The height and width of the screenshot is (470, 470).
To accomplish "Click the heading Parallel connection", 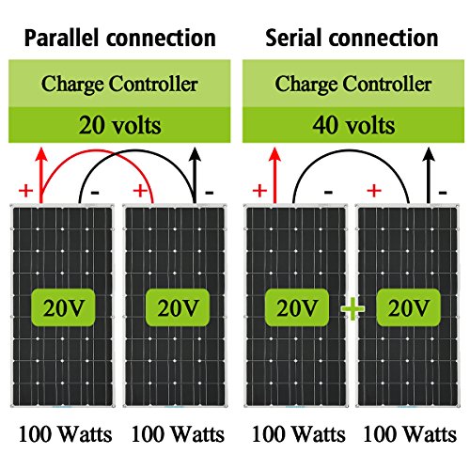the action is pos(120,39).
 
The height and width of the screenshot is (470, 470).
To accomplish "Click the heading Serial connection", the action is pos(352,38).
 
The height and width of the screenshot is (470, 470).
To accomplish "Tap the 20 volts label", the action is pos(120,125).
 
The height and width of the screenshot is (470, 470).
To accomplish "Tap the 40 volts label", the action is pos(353,125).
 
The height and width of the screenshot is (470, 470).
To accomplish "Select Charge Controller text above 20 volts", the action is pos(119,85).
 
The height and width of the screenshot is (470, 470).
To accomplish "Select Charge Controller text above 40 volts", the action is pos(353,85).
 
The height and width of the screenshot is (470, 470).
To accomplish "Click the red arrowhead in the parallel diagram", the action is pos(41,155).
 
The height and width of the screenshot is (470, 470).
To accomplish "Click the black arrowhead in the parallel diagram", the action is pos(196,154).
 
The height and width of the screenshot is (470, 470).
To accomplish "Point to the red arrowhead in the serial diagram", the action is pos(274,155).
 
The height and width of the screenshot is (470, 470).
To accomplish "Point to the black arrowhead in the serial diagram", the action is pos(429,155).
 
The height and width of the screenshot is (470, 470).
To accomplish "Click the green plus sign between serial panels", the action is pos(352,308).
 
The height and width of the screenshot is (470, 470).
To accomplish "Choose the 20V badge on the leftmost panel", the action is pos(63,307).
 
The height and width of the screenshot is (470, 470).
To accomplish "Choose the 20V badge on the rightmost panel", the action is pos(409,307).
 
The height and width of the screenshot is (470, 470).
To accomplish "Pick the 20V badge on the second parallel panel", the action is pos(178,307).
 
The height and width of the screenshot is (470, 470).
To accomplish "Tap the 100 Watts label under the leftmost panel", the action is pos(65,434).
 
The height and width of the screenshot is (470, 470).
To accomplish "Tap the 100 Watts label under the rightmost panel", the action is pos(410,434).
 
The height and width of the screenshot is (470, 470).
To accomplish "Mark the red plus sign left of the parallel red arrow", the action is pos(26,191).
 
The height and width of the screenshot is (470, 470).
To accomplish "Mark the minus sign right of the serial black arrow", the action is pos(443,193).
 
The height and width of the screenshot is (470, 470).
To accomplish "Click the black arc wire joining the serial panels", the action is pos(351,150).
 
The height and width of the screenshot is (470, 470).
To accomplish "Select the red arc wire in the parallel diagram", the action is pos(97,150).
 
